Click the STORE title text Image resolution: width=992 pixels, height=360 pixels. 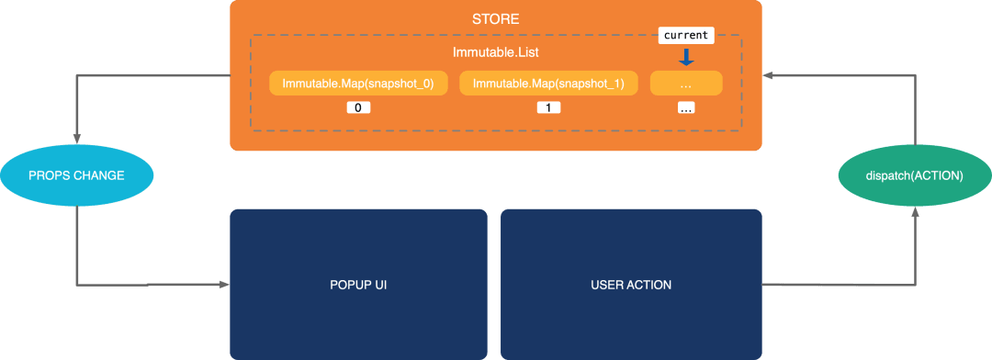pyautogui.click(x=495, y=19)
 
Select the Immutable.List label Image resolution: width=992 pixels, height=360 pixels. pyautogui.click(x=495, y=52)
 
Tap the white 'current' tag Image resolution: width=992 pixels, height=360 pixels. pyautogui.click(x=686, y=36)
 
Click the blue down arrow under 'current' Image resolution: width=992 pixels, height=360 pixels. pyautogui.click(x=686, y=58)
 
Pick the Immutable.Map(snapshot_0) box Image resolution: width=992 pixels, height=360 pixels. pyautogui.click(x=358, y=84)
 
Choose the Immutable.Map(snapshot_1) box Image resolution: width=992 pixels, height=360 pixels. pyautogui.click(x=548, y=84)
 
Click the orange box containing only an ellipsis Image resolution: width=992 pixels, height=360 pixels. pyautogui.click(x=686, y=84)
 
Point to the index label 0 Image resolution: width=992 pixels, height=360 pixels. pyautogui.click(x=358, y=108)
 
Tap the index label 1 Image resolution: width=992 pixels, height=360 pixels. pyautogui.click(x=548, y=108)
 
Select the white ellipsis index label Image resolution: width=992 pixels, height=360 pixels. pyautogui.click(x=686, y=108)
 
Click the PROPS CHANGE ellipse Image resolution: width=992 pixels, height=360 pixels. pyautogui.click(x=76, y=175)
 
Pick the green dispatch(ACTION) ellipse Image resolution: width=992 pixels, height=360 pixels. pyautogui.click(x=914, y=176)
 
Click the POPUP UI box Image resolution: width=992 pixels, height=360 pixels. pyautogui.click(x=358, y=285)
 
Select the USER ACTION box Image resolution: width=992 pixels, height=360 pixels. pyautogui.click(x=631, y=285)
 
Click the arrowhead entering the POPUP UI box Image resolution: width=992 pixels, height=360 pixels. pyautogui.click(x=224, y=285)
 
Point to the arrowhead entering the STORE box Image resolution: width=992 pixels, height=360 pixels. pyautogui.click(x=767, y=75)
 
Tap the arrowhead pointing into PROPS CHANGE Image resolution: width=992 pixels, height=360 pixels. pyautogui.click(x=76, y=138)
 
